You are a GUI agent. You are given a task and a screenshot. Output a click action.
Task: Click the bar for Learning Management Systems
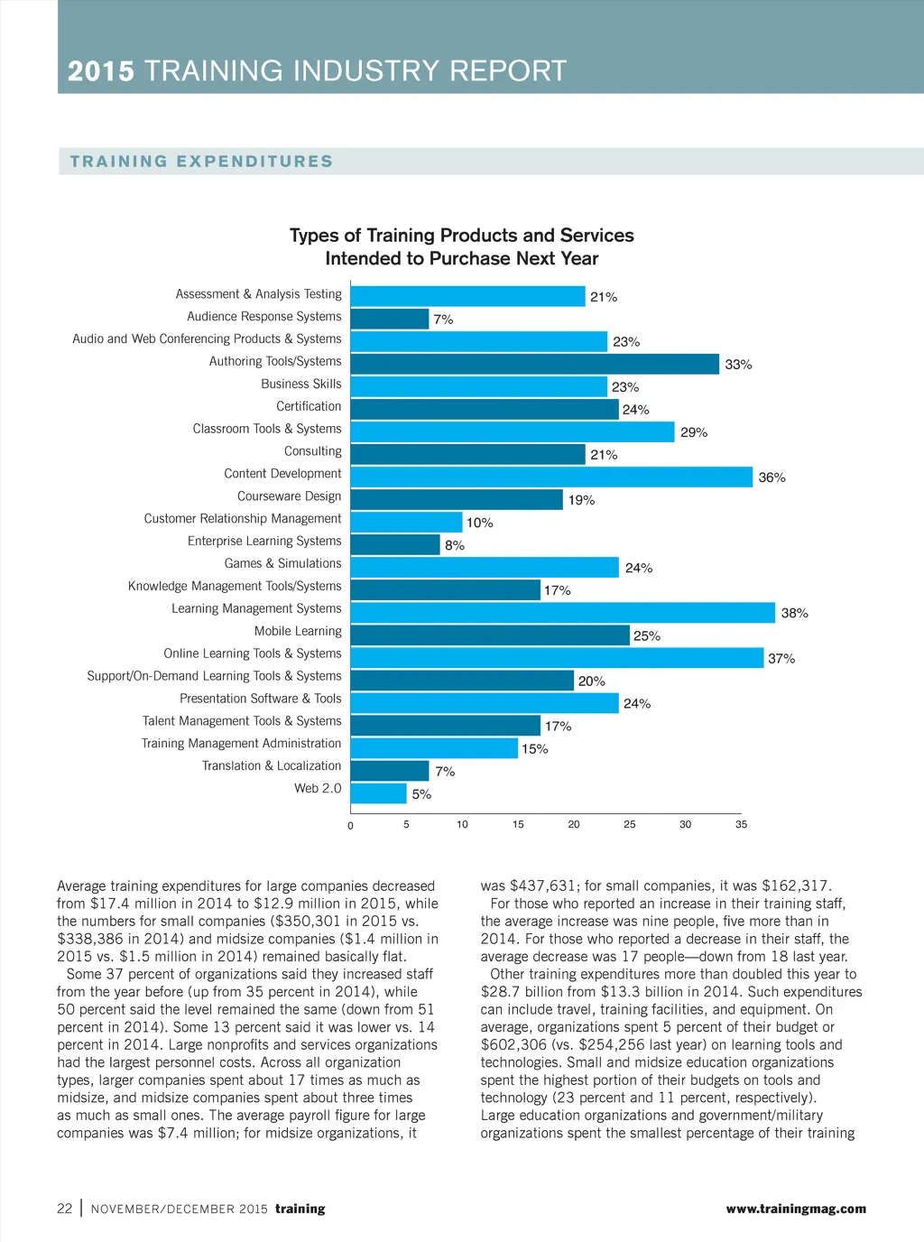click(563, 613)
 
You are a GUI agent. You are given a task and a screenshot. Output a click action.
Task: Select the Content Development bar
click(551, 477)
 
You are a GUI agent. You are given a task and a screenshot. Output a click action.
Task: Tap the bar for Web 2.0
click(379, 793)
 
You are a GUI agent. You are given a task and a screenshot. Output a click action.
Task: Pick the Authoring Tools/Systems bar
click(535, 364)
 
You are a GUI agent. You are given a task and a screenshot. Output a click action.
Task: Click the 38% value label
click(794, 613)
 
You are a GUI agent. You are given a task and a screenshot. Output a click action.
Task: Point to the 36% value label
click(772, 477)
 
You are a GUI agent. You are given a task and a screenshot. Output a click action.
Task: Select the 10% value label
click(479, 523)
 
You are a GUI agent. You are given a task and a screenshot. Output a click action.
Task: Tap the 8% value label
click(455, 545)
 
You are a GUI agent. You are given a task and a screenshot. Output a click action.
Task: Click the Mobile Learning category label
click(298, 631)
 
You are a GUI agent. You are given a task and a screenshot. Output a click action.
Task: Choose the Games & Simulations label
click(282, 563)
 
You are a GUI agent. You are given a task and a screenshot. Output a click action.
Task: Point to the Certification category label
click(309, 406)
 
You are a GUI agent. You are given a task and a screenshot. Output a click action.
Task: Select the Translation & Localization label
click(272, 765)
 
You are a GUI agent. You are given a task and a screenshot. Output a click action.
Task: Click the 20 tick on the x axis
click(574, 824)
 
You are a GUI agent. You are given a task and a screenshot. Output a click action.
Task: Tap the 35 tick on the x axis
click(741, 824)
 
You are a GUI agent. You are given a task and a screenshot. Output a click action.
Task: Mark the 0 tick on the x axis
click(351, 825)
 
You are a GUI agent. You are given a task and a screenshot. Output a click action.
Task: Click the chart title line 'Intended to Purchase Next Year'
click(461, 259)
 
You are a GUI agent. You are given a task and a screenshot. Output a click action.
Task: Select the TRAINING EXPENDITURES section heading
click(201, 162)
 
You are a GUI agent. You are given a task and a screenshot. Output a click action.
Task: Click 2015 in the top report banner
click(101, 71)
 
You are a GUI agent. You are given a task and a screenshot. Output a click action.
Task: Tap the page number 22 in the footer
click(65, 1209)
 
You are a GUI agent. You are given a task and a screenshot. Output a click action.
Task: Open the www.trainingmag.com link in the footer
click(796, 1209)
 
